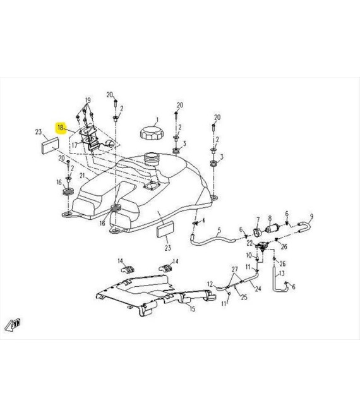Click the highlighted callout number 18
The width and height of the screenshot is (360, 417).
coord(61,128)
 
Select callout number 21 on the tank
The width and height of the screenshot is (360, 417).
coord(82,176)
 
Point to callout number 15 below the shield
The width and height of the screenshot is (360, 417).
coord(193,309)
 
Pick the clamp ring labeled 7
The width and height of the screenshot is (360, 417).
coord(257,232)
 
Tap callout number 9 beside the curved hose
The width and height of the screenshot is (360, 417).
coord(311,217)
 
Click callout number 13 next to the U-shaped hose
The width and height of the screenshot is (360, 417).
coord(282,273)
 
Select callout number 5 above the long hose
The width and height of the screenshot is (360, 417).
coord(219,230)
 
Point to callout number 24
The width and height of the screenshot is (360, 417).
coord(258,289)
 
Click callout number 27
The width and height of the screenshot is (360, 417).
coord(234,269)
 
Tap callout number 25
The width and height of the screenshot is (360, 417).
coord(244,297)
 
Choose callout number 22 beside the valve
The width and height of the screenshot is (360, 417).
coord(249,243)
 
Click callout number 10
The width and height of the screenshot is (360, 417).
coord(249,255)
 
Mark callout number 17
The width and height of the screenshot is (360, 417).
coord(75,145)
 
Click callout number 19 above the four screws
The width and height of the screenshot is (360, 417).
coord(88,100)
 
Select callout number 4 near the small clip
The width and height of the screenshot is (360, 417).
coord(203,221)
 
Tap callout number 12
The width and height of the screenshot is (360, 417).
coord(210,284)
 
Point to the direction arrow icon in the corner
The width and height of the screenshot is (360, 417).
coord(13,325)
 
